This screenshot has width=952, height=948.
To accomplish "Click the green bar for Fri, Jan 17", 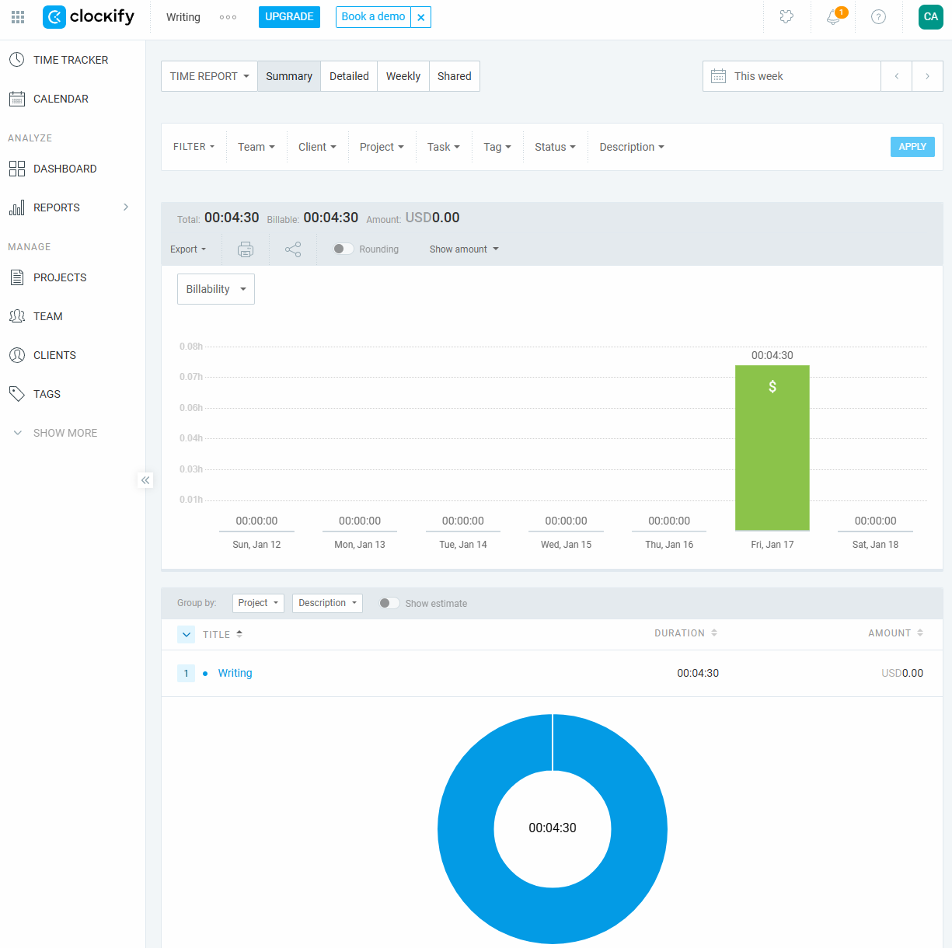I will click(772, 448).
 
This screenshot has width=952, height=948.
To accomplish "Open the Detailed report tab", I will click(349, 76).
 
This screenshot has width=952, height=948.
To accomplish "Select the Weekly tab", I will click(403, 76).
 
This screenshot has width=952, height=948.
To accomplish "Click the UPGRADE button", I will click(289, 16).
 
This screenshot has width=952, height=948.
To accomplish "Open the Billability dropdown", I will click(215, 289).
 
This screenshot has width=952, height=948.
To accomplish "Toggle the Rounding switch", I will click(343, 249).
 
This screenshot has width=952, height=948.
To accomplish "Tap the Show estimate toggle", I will click(389, 603).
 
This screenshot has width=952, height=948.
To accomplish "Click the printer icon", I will click(246, 249).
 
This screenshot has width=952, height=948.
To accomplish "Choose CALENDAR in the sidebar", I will click(61, 99).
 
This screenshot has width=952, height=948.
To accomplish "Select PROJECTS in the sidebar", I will click(60, 277).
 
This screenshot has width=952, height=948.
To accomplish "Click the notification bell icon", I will click(833, 17).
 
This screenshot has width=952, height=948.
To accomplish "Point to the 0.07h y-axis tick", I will click(191, 377).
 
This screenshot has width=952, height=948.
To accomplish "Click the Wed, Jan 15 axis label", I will click(566, 545).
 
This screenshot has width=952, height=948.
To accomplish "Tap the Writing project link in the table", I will click(235, 673).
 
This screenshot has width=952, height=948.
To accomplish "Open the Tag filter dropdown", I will click(497, 147).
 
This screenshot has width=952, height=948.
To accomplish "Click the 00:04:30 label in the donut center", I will click(553, 828).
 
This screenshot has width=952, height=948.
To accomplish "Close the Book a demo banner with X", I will click(420, 17).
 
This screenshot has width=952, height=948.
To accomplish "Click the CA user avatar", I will click(930, 16).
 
